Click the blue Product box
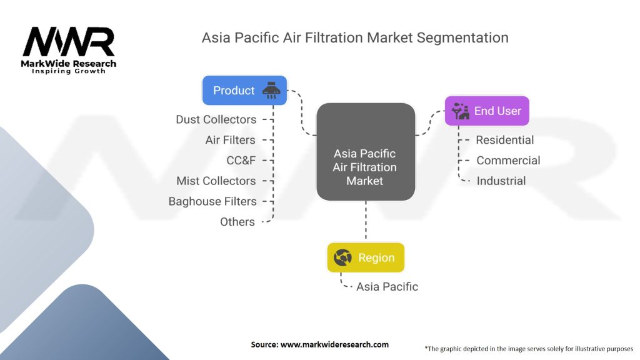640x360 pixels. click(244, 90)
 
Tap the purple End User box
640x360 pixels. click(487, 111)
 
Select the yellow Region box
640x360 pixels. click(366, 257)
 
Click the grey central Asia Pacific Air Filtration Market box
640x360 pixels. click(366, 152)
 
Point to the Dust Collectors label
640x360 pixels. click(216, 119)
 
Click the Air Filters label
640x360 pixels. click(230, 140)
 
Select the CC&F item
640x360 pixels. click(241, 161)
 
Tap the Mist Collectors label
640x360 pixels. click(216, 181)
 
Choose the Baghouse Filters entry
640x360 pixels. click(212, 201)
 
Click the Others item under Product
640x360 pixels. click(237, 222)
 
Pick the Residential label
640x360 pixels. click(505, 140)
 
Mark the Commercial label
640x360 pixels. click(508, 161)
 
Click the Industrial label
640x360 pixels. click(501, 181)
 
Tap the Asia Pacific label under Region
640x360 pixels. click(387, 286)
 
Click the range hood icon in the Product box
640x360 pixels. click(271, 90)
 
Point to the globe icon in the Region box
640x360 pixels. click(342, 257)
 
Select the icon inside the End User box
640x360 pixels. click(461, 111)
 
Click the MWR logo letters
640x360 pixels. click(69, 41)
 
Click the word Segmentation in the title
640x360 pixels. click(462, 37)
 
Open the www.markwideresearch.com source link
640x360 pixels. click(334, 344)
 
